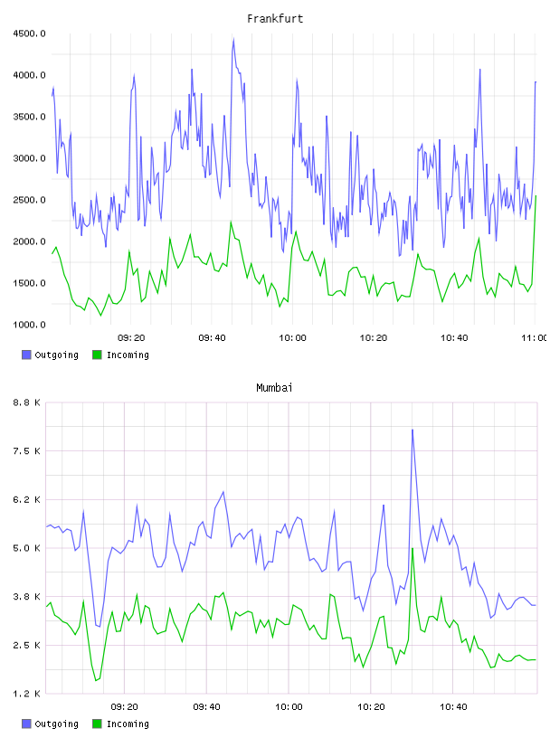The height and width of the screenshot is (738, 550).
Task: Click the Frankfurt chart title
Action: pyautogui.click(x=275, y=19)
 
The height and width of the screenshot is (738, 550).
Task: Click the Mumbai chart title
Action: pyautogui.click(x=274, y=388)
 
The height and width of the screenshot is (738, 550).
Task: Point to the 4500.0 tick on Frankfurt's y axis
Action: pyautogui.click(x=29, y=33)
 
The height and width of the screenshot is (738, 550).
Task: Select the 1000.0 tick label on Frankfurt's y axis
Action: pyautogui.click(x=29, y=325)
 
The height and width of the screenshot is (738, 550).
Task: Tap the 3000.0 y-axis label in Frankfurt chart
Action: pyautogui.click(x=29, y=158)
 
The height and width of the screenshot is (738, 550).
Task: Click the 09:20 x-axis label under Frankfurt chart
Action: pyautogui.click(x=131, y=338)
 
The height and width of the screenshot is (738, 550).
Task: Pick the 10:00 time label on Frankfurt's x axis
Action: pyautogui.click(x=292, y=338)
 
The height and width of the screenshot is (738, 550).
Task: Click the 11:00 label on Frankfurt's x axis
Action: pyautogui.click(x=535, y=338)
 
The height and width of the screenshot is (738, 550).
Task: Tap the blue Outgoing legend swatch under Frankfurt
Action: pyautogui.click(x=26, y=355)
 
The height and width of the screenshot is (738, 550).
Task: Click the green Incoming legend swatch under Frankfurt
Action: pyautogui.click(x=97, y=355)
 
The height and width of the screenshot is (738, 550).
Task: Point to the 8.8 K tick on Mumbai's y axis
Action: pyautogui.click(x=27, y=402)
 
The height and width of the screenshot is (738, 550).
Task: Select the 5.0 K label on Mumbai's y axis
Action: pyautogui.click(x=27, y=548)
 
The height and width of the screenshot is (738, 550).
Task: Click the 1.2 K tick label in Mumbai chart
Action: pyautogui.click(x=27, y=694)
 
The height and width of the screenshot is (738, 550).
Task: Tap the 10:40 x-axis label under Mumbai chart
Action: pyautogui.click(x=453, y=707)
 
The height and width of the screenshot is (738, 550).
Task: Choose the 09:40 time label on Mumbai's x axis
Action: pyautogui.click(x=207, y=707)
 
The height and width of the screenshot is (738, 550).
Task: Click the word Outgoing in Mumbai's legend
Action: pyautogui.click(x=56, y=724)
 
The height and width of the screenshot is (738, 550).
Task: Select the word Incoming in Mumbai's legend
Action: pyautogui.click(x=128, y=724)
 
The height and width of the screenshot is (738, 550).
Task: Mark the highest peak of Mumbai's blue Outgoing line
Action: pyautogui.click(x=412, y=430)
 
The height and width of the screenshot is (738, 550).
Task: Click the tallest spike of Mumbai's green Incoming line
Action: pyautogui.click(x=412, y=548)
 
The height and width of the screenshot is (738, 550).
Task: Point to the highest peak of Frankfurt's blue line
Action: pyautogui.click(x=233, y=39)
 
